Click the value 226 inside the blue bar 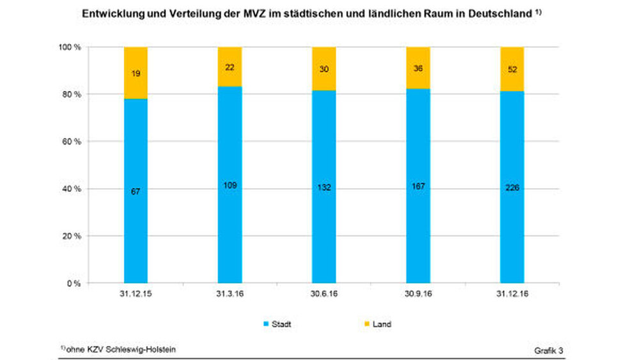click(512, 188)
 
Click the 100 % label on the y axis click(69, 47)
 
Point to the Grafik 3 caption click(549, 351)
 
